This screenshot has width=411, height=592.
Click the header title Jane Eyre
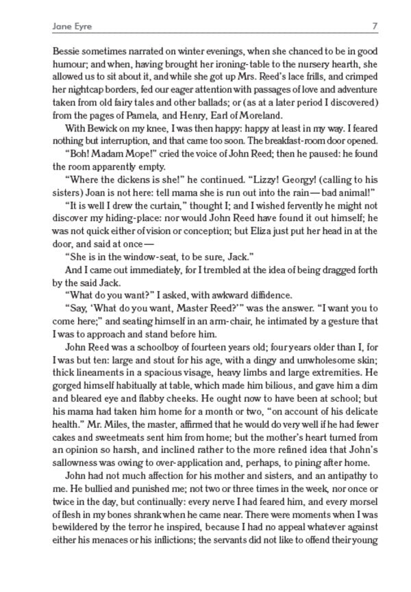point(72,27)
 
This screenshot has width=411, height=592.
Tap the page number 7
point(375,27)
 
